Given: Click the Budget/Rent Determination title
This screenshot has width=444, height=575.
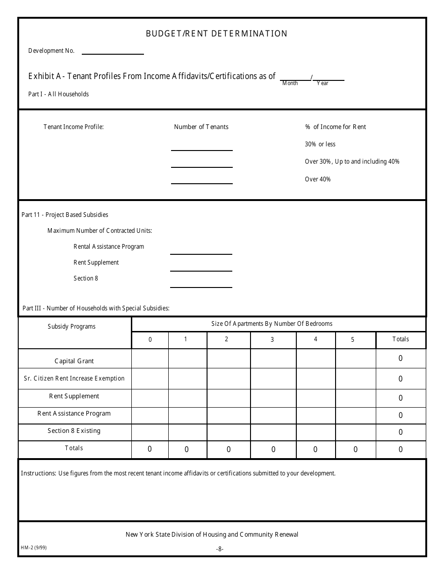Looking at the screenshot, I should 216,34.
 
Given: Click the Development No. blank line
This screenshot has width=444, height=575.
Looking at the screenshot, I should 113,52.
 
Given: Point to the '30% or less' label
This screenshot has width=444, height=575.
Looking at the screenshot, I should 320,144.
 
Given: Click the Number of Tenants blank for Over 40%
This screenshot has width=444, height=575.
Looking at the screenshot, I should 201,180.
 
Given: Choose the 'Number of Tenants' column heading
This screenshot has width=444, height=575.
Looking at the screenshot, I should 201,127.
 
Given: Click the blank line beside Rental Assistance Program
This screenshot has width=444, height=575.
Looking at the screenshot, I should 201,251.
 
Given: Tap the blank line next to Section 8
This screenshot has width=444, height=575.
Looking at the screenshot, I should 201,284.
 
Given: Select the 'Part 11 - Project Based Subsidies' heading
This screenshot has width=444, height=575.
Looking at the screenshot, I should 65,215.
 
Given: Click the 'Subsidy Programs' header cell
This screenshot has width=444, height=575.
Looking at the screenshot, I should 72,327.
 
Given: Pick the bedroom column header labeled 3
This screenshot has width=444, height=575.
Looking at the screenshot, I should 272,340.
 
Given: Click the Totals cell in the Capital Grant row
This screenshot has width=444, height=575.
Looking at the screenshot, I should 401,359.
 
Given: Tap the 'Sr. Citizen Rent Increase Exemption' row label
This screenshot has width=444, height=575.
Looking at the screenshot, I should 74,379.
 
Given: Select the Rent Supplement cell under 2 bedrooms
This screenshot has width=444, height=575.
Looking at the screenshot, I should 229,398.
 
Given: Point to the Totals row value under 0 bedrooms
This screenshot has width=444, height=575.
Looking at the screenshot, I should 150,449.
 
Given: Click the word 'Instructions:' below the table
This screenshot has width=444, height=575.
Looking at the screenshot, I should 39,474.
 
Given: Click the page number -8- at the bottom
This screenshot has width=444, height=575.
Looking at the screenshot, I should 220,549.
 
